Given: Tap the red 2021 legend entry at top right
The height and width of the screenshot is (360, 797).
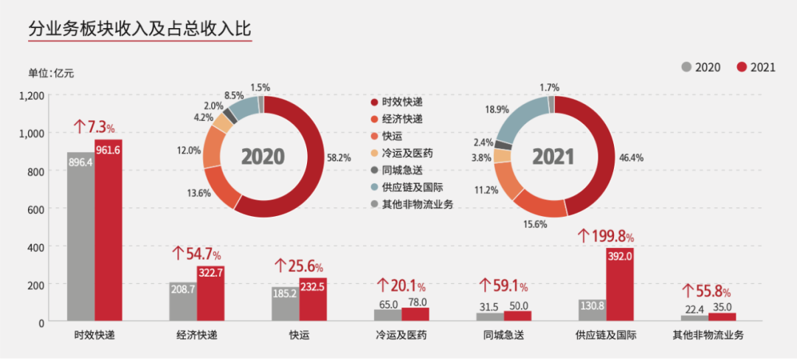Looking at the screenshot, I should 756,67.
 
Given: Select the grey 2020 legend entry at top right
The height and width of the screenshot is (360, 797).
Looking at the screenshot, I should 700,67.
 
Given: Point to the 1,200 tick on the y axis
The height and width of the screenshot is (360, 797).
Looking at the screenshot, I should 32,95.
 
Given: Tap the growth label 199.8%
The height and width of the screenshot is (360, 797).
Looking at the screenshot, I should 606,236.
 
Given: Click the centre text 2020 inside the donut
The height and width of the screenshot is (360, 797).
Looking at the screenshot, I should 263,156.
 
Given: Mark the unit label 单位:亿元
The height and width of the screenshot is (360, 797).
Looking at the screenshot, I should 51,72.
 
